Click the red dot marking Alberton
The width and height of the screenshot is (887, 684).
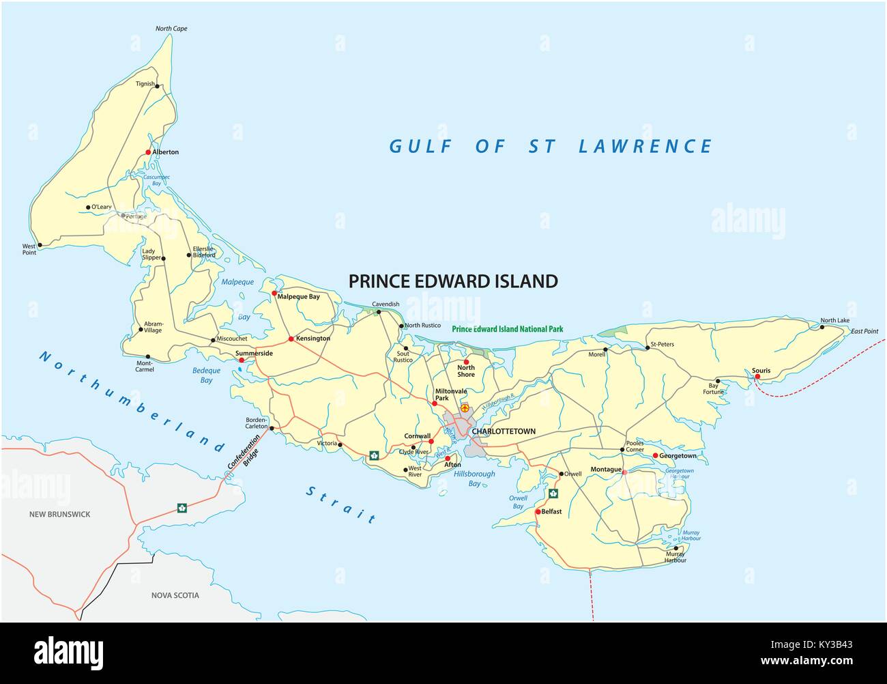pos(148,152)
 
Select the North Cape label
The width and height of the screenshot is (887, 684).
pos(171,29)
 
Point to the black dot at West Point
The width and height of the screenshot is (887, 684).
pos(40,244)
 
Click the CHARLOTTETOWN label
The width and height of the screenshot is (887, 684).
pos(504,431)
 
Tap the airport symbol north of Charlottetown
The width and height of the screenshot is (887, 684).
pos(465,408)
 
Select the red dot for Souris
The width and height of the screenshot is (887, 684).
pos(757,376)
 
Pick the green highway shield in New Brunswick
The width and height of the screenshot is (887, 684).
pos(182,507)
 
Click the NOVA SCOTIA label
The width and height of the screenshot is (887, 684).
pos(175,595)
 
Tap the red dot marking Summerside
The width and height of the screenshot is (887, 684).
pos(241,360)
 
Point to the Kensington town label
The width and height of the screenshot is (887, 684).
pos(313,339)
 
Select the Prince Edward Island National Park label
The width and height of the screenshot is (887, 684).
pos(508,328)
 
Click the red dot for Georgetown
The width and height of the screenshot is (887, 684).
pos(655,455)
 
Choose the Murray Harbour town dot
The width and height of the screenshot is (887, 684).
pos(675,548)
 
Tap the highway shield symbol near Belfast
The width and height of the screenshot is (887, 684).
pos(553,494)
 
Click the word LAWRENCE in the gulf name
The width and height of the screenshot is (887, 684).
pos(645,146)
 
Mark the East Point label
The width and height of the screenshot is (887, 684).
pos(864,331)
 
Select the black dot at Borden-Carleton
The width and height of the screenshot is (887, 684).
pos(272,429)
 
